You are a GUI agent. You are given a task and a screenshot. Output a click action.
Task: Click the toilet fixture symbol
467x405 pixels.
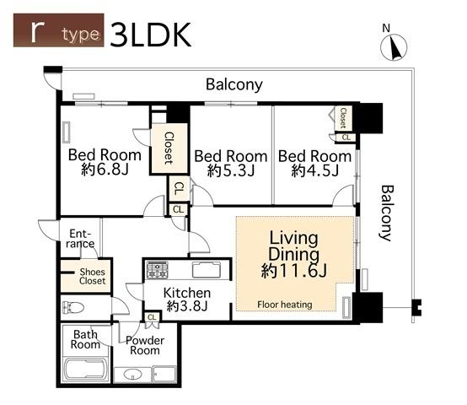coord(73,308)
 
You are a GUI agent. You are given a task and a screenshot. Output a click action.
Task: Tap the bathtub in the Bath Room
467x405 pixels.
coord(86,370)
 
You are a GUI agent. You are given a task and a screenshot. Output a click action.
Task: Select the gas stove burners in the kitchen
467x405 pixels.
coord(158,270)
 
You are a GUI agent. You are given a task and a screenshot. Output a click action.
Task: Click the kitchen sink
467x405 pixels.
coord(207,270)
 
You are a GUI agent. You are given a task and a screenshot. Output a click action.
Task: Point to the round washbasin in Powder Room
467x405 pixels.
coord(132,374)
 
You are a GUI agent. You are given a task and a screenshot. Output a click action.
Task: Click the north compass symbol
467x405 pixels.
coord(394,45)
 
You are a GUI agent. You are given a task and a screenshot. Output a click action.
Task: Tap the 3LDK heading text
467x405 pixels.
coord(150,35)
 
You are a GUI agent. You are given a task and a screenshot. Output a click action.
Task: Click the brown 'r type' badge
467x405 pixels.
coord(59,30)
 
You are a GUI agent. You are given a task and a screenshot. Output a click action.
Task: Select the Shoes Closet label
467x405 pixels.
coord(93,276)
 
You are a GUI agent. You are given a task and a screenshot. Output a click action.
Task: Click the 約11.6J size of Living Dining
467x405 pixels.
coord(294,271)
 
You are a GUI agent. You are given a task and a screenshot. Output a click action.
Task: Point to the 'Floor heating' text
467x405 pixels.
coord(285,305)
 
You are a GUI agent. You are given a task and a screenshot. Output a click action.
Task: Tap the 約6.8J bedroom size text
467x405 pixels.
coord(105,170)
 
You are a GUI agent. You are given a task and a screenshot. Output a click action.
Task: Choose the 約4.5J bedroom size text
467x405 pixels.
coord(314,170)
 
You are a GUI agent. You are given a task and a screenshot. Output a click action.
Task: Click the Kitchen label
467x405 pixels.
coord(187,293)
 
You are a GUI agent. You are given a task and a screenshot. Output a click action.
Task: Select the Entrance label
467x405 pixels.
coord(80,239)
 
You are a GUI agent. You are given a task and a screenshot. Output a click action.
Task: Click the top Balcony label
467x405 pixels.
coord(234,84)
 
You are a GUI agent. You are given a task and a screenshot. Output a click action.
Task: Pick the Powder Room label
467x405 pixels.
coord(145,345)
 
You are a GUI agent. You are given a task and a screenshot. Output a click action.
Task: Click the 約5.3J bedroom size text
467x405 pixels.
coord(231,170)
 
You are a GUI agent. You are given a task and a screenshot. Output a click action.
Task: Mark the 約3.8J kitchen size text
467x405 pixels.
coord(187,306)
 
